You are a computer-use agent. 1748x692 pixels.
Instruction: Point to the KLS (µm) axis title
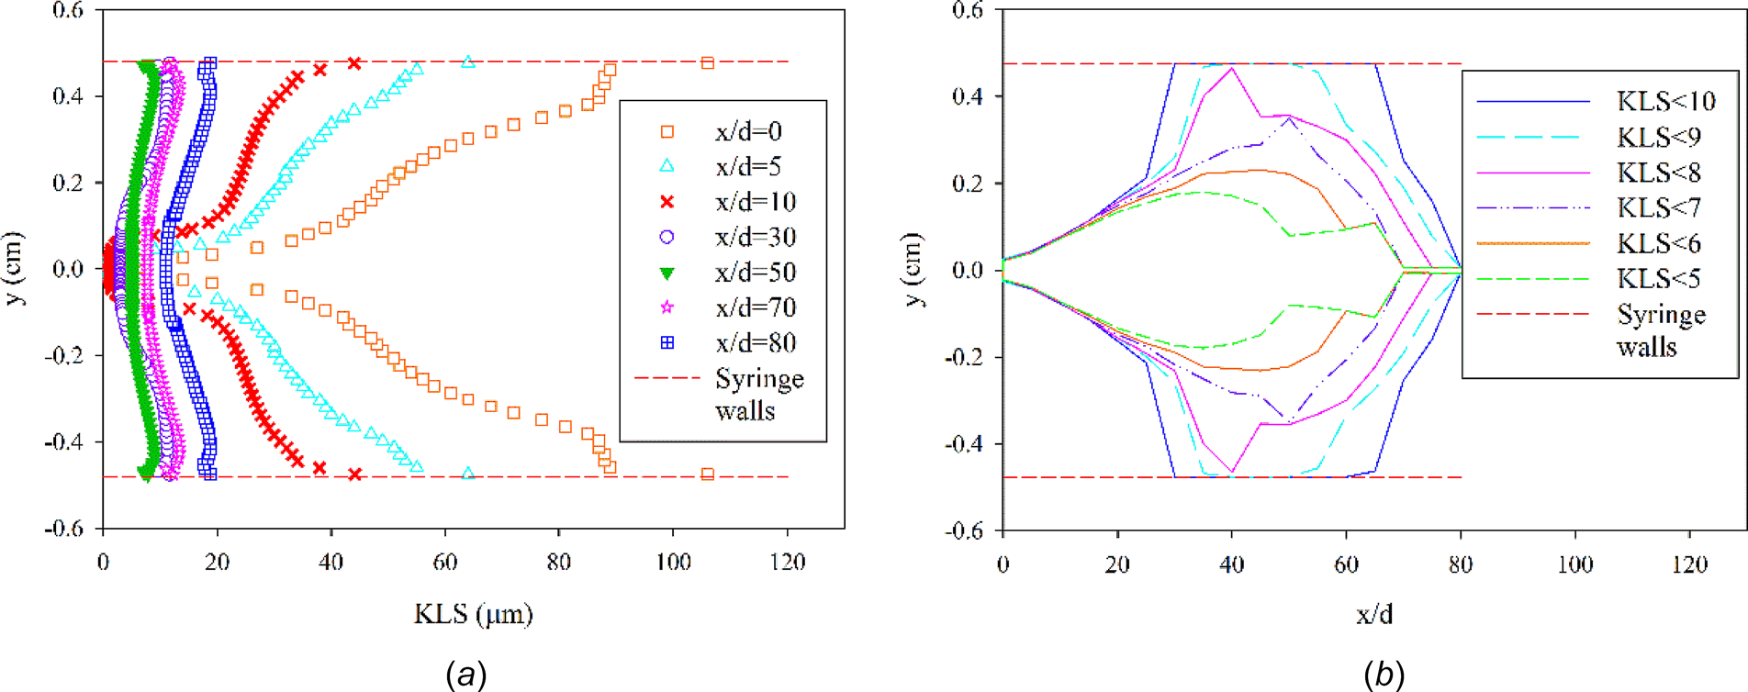(473, 613)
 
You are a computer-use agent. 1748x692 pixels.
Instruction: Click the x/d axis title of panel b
(1373, 613)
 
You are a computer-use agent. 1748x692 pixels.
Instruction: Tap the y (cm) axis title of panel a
(15, 269)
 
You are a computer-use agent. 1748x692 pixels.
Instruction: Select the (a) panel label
(465, 675)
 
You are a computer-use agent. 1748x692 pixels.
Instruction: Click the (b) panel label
(1384, 675)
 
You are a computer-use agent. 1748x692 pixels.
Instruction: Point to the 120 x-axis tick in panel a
(787, 562)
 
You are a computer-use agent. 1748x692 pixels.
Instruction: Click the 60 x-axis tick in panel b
(1346, 564)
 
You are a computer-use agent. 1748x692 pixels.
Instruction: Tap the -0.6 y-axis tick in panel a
(63, 529)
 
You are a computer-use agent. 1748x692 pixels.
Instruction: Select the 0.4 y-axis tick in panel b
(968, 96)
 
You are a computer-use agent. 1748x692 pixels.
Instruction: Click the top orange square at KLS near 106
(707, 63)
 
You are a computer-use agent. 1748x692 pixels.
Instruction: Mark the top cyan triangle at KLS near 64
(468, 62)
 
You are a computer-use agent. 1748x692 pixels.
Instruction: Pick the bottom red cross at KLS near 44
(354, 474)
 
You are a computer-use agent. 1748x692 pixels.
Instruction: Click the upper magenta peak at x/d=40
(1232, 68)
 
